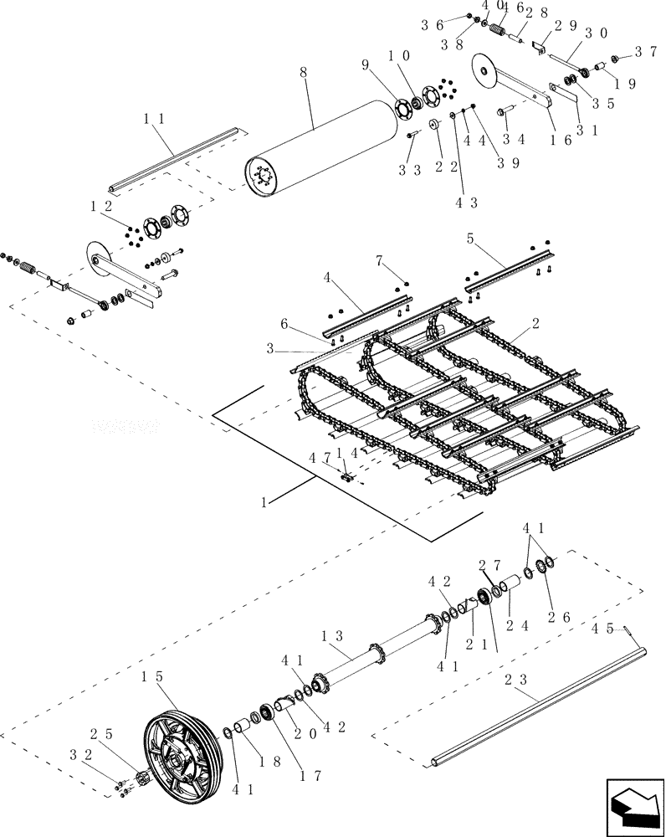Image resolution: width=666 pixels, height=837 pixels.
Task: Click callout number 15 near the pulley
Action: (151, 675)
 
